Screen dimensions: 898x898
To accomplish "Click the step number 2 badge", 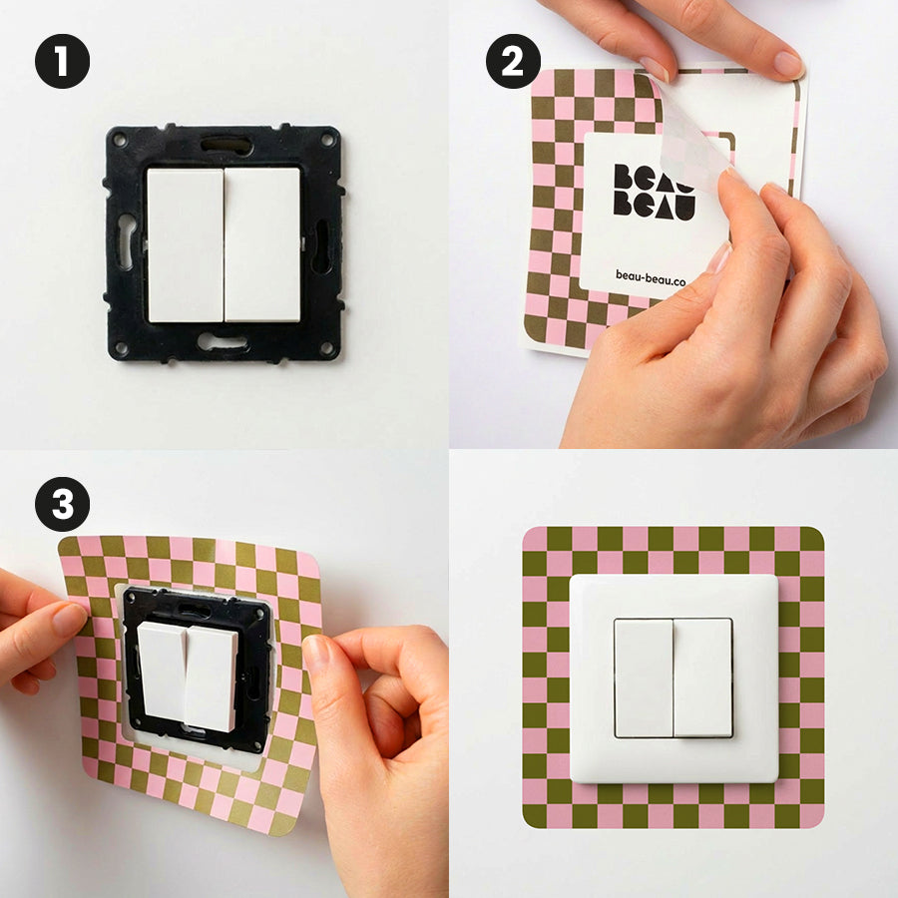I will tap(513, 62).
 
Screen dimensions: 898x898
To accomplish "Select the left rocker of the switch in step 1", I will tap(185, 244).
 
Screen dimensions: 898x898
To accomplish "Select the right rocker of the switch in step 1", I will tap(261, 244).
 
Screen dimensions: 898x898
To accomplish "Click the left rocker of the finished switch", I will tap(643, 677).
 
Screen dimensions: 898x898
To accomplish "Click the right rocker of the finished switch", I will tap(702, 677).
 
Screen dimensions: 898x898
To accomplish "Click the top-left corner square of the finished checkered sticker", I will tap(535, 539).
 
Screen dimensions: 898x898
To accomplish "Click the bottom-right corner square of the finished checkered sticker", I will tap(811, 815).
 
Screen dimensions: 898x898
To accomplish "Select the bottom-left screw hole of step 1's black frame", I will tap(121, 348).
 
